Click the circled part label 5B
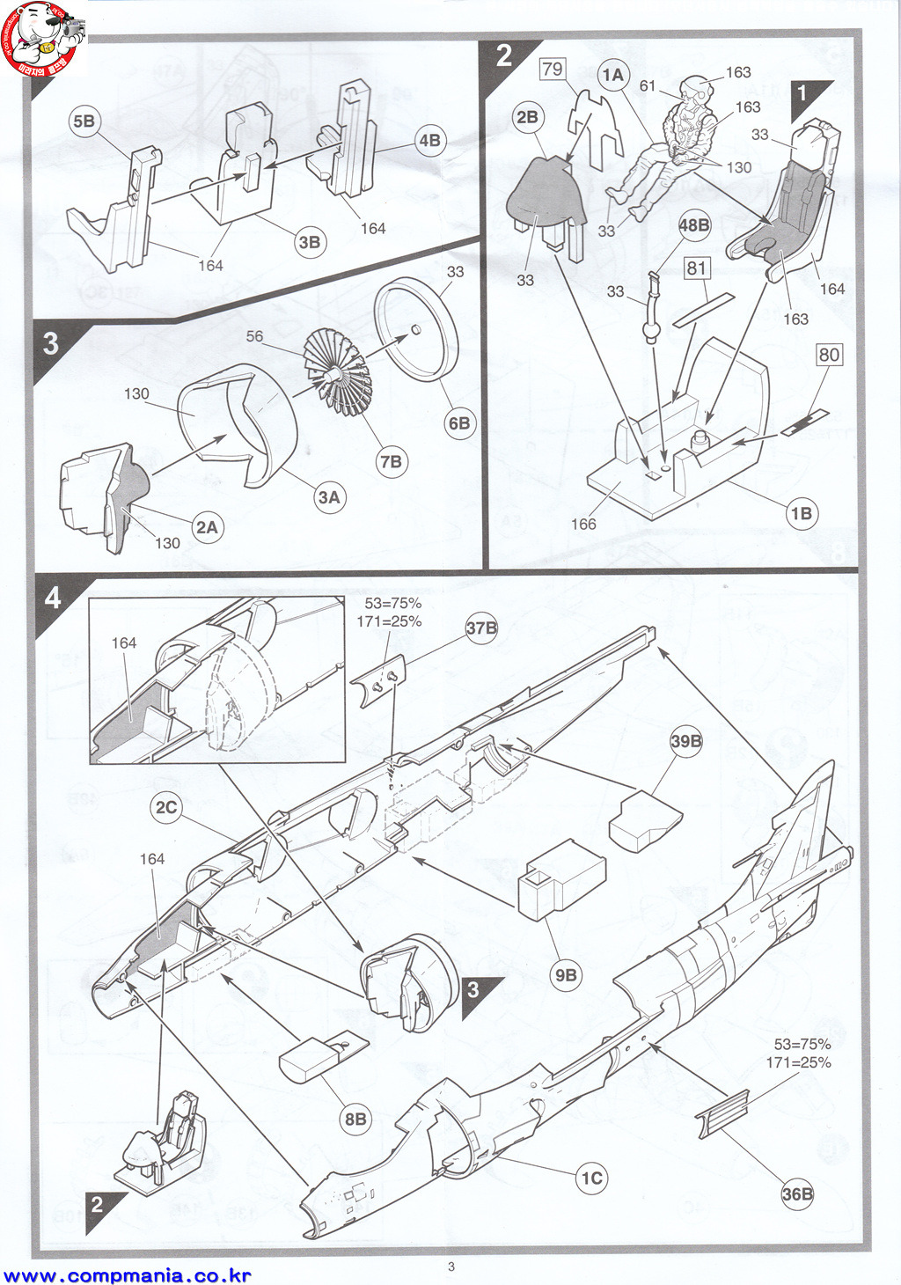84,121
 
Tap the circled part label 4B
429,141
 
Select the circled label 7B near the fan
391,461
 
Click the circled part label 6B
459,423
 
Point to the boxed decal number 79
553,69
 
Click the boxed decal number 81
697,268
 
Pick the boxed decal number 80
829,355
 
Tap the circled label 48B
693,225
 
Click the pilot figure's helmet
695,87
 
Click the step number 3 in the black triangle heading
51,342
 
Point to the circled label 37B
481,628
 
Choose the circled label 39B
686,741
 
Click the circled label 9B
566,974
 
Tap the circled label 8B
355,1119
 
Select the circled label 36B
797,1193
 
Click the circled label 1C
591,1178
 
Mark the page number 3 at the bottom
451,1267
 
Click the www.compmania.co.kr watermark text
128,1275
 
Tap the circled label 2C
166,807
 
